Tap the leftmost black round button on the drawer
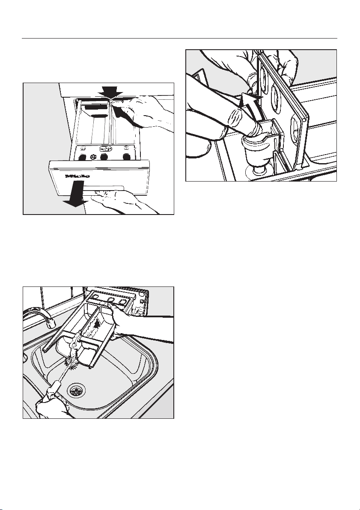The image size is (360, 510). tap(82, 157)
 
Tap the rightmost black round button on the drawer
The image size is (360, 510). tap(126, 156)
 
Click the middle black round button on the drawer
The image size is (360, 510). tap(103, 157)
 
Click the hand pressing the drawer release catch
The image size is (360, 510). tap(148, 113)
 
